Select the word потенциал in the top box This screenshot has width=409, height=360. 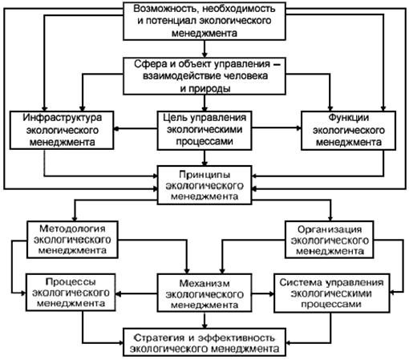[172, 21]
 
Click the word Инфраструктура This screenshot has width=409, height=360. [62, 118]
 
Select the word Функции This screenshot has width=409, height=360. [348, 118]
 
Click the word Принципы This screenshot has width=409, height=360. [204, 175]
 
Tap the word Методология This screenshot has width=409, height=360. [72, 229]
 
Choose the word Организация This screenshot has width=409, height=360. [330, 229]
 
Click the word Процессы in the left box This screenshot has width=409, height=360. [71, 281]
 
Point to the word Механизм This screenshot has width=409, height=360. [204, 283]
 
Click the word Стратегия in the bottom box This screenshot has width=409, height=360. [159, 338]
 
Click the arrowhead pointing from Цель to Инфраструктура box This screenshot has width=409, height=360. [116, 129]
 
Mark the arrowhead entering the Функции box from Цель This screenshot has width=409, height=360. [299, 128]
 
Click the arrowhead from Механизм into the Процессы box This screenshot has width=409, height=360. [118, 294]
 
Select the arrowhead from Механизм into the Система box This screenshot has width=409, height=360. [272, 294]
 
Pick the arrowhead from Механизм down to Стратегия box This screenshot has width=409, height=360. [204, 326]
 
